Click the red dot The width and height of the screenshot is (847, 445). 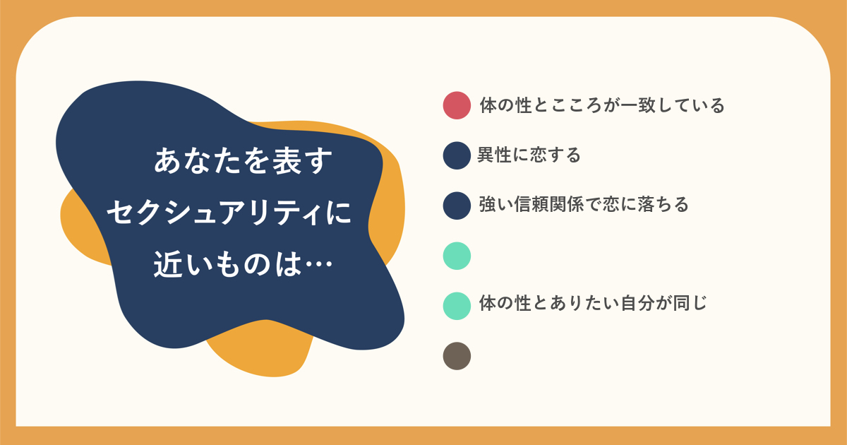(457, 105)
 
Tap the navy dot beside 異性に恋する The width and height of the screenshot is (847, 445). (457, 155)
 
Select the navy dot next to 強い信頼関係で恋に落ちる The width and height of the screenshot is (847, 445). (457, 206)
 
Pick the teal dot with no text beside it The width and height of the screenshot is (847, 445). (457, 256)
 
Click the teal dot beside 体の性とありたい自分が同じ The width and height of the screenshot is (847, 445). (457, 306)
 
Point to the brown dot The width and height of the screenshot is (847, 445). (457, 356)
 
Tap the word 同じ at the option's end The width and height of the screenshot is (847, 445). (690, 304)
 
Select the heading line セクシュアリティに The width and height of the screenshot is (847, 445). (229, 213)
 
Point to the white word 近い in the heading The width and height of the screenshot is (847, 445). (184, 263)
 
